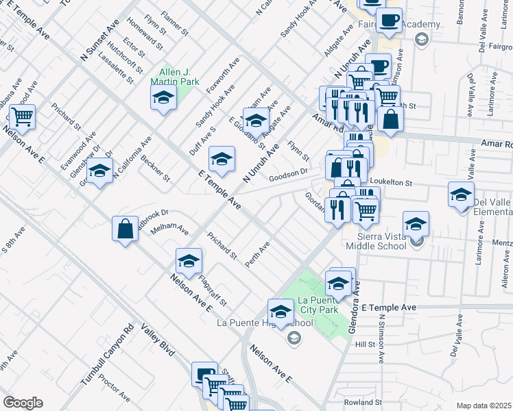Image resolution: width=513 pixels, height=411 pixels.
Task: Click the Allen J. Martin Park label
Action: coord(175,77)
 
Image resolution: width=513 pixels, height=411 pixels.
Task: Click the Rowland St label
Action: coord(362,402)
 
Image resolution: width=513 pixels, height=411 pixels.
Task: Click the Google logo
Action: coord(23,403)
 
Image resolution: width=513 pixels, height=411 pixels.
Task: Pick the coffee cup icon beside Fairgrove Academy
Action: coord(389,21)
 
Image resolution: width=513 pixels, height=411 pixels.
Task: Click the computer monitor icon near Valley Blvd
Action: coord(204,374)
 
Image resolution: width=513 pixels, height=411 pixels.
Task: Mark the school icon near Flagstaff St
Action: coord(189,261)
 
